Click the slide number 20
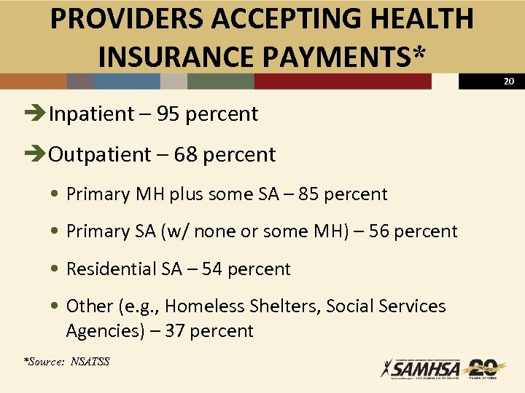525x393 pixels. coord(509,82)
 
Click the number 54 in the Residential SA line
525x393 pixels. coord(212,269)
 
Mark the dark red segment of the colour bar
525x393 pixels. coord(343,82)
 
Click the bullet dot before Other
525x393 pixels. coord(56,306)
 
